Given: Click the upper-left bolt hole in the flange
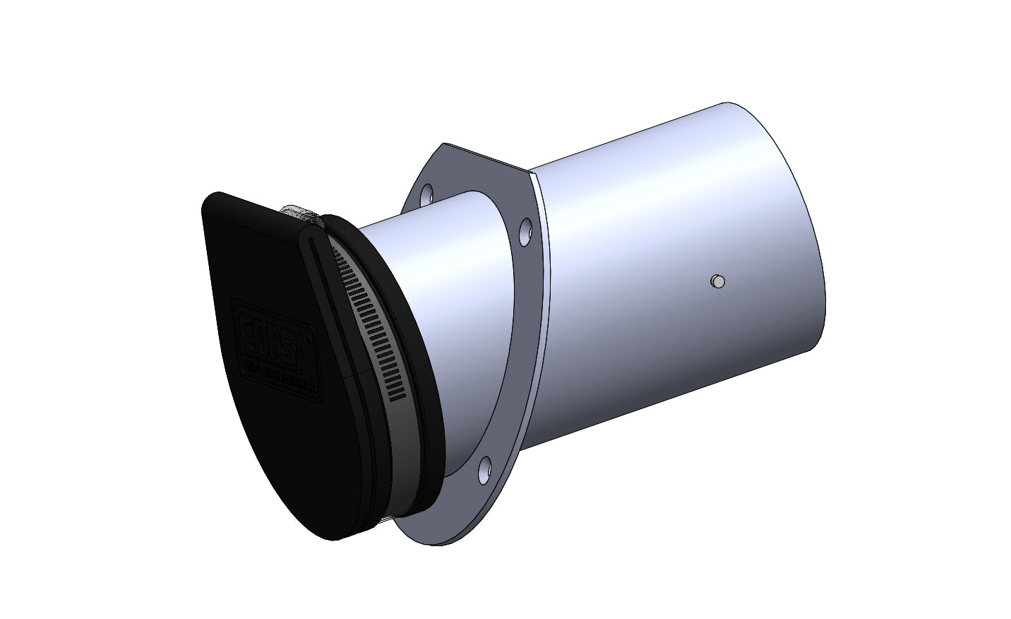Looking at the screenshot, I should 426,193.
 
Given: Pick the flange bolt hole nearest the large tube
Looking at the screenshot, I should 526,229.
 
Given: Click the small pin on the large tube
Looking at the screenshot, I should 717,281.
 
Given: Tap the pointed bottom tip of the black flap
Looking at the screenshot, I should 332,537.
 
